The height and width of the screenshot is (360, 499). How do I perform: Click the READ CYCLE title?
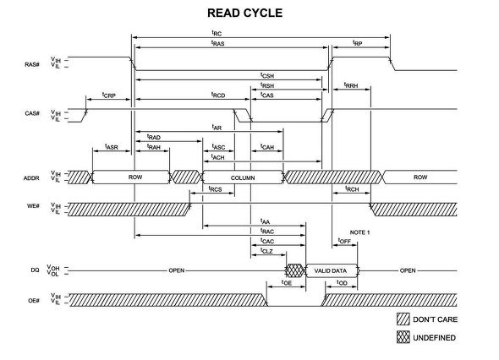point(244,13)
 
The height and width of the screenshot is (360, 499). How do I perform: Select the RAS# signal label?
point(32,64)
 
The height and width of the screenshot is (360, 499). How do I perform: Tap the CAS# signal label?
point(32,113)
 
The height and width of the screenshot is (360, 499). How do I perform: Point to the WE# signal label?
point(33,206)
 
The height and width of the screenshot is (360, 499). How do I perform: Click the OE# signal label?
point(34,300)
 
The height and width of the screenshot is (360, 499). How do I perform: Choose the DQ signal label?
point(35,270)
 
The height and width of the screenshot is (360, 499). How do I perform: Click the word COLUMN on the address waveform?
point(243,177)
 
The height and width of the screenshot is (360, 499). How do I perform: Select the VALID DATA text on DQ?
point(331,270)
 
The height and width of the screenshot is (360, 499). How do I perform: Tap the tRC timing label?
point(217,33)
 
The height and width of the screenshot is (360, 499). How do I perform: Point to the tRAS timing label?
point(218,43)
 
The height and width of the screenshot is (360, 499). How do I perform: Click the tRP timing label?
point(358,43)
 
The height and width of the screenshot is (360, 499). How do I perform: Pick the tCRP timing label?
point(109,95)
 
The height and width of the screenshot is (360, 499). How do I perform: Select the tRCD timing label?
point(218,95)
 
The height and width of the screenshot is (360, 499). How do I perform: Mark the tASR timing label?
point(112,147)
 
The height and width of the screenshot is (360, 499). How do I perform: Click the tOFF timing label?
point(344,241)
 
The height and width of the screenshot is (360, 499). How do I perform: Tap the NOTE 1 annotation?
point(359,232)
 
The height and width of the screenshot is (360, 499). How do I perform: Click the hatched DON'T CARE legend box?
point(403,319)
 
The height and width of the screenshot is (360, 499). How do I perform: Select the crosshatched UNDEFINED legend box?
point(403,337)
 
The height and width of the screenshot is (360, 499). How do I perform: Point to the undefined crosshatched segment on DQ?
point(295,270)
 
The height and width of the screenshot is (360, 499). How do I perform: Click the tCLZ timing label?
point(266,251)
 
